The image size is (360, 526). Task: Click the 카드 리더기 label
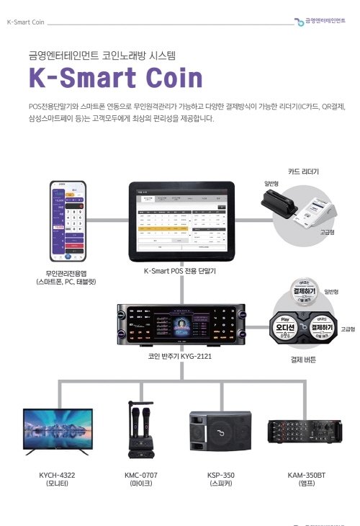pyautogui.click(x=303, y=172)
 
